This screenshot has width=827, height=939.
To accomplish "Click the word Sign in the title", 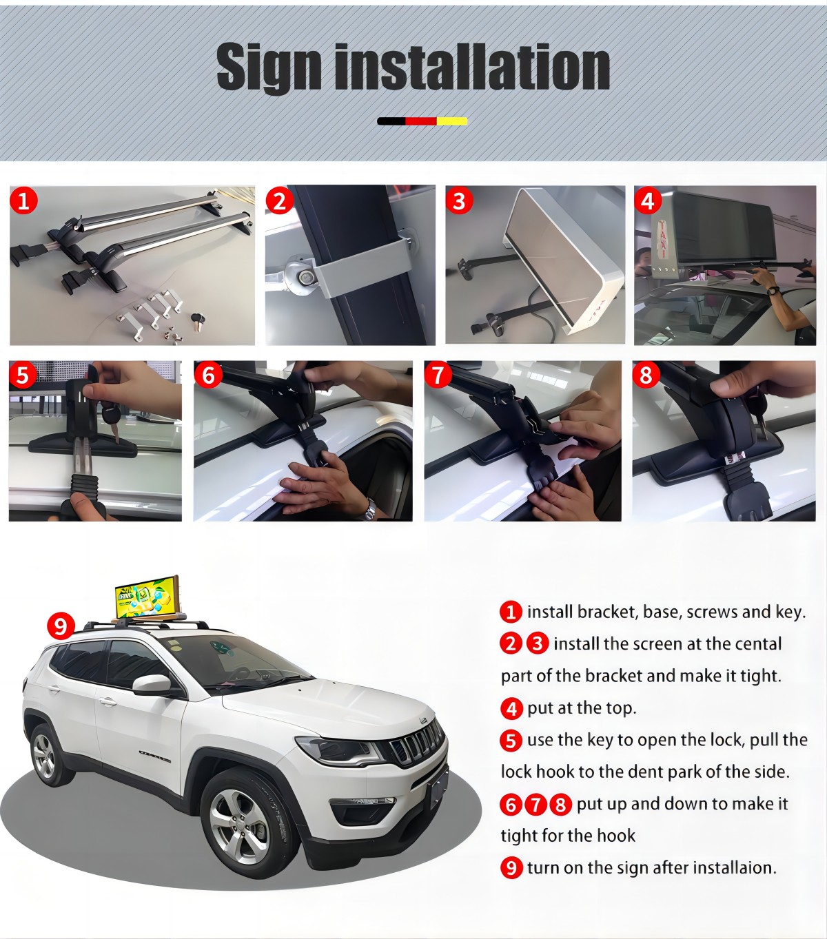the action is coord(269,67).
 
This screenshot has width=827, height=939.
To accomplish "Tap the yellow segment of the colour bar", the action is coord(452,121).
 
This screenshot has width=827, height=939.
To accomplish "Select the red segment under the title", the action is coord(421,121).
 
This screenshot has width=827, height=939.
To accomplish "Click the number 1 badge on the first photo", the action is coord(23,201).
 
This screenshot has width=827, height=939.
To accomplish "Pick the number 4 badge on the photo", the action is coord(648,200).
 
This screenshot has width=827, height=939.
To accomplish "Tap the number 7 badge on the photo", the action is coord(438,375).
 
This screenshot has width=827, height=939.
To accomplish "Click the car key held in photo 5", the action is coord(112,420).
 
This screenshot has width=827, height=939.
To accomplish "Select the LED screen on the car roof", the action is coord(147,597).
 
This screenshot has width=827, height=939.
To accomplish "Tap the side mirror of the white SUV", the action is coord(154,685).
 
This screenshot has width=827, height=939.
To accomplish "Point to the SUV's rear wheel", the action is coord(45,753).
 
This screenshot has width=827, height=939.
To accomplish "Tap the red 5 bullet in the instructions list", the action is coord(511,740).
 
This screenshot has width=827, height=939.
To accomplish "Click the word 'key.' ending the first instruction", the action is coord(791,612).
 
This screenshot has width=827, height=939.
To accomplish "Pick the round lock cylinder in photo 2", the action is coord(303,276).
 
